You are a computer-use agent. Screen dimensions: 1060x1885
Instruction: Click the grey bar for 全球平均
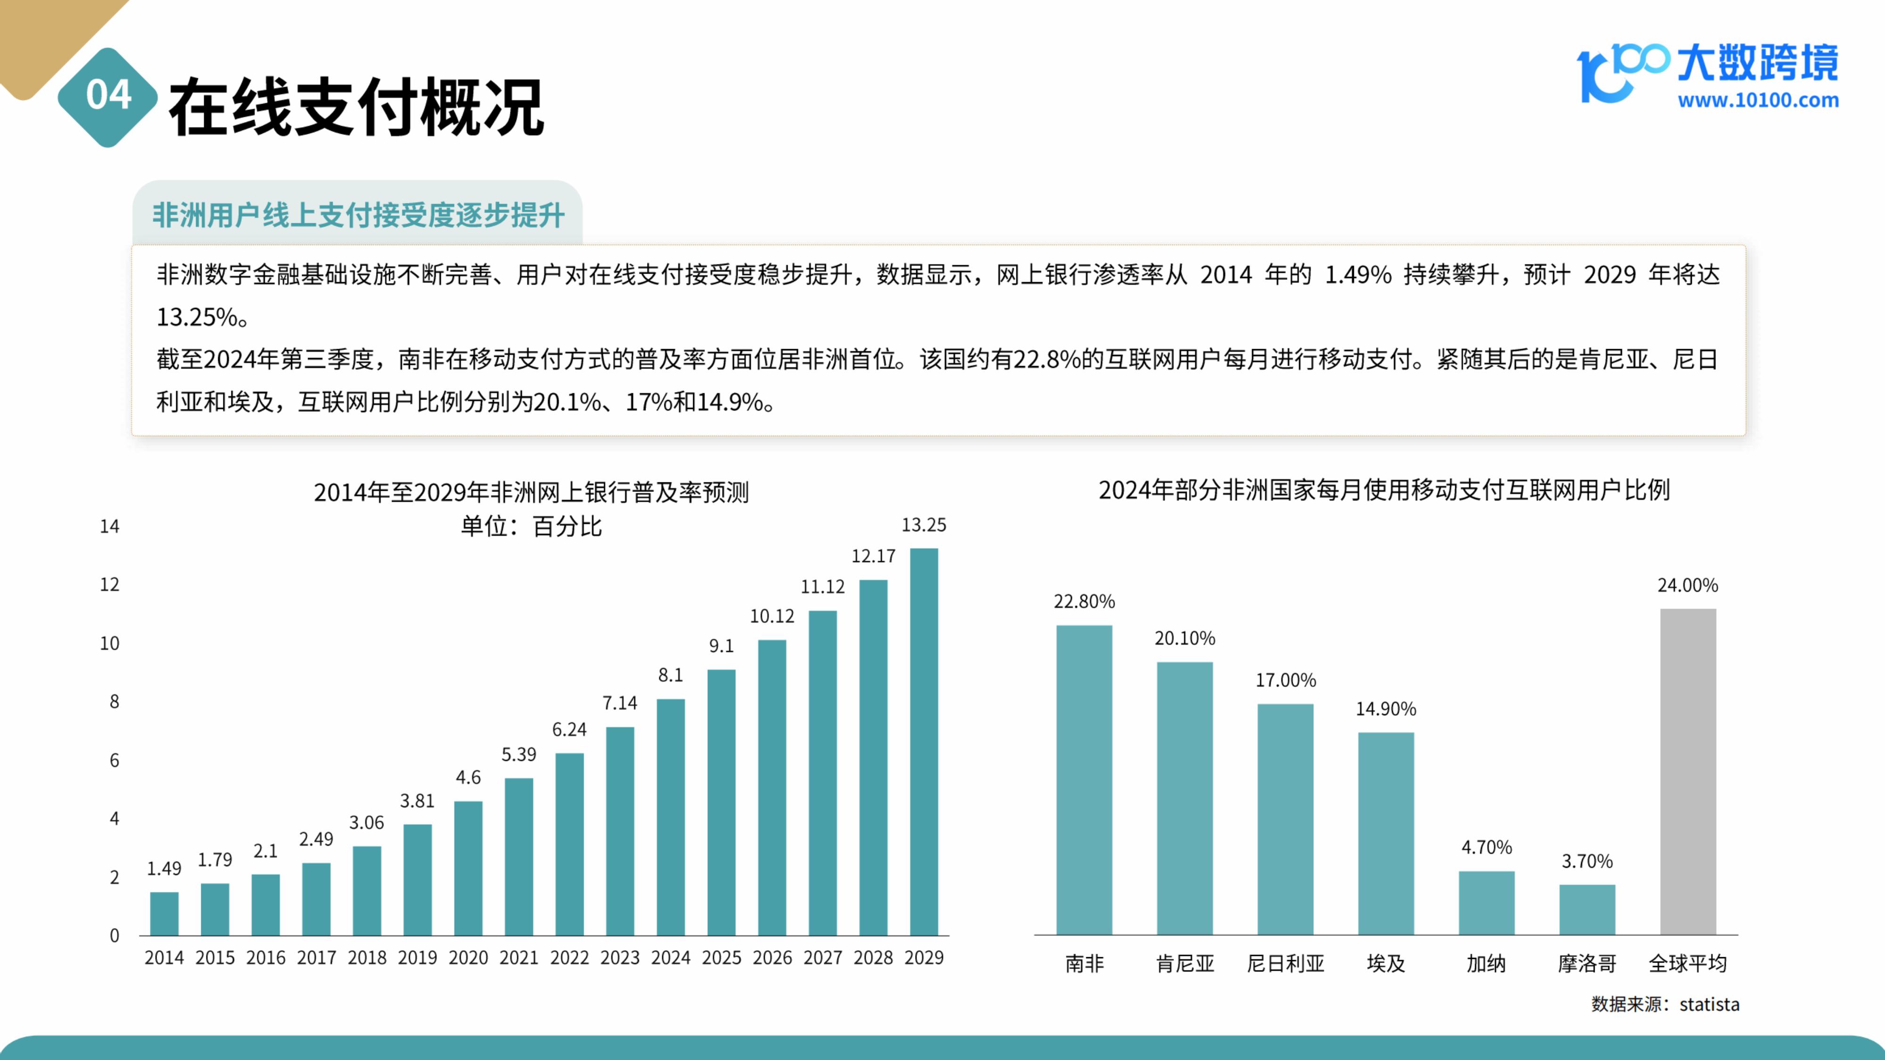1688,771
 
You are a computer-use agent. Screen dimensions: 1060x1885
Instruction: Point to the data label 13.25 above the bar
924,525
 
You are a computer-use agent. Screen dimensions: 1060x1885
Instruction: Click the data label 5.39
519,754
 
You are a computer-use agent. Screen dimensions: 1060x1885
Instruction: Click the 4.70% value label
1486,847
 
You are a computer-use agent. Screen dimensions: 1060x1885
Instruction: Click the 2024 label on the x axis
670,958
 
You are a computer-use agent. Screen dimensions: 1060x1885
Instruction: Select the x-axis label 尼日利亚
1285,963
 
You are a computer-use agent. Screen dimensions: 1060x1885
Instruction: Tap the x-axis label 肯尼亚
1185,963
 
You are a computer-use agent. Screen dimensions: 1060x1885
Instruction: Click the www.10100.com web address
1758,100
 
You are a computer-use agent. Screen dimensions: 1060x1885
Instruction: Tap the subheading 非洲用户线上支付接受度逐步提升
358,216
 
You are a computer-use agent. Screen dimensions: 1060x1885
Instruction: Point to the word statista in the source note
1709,1004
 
